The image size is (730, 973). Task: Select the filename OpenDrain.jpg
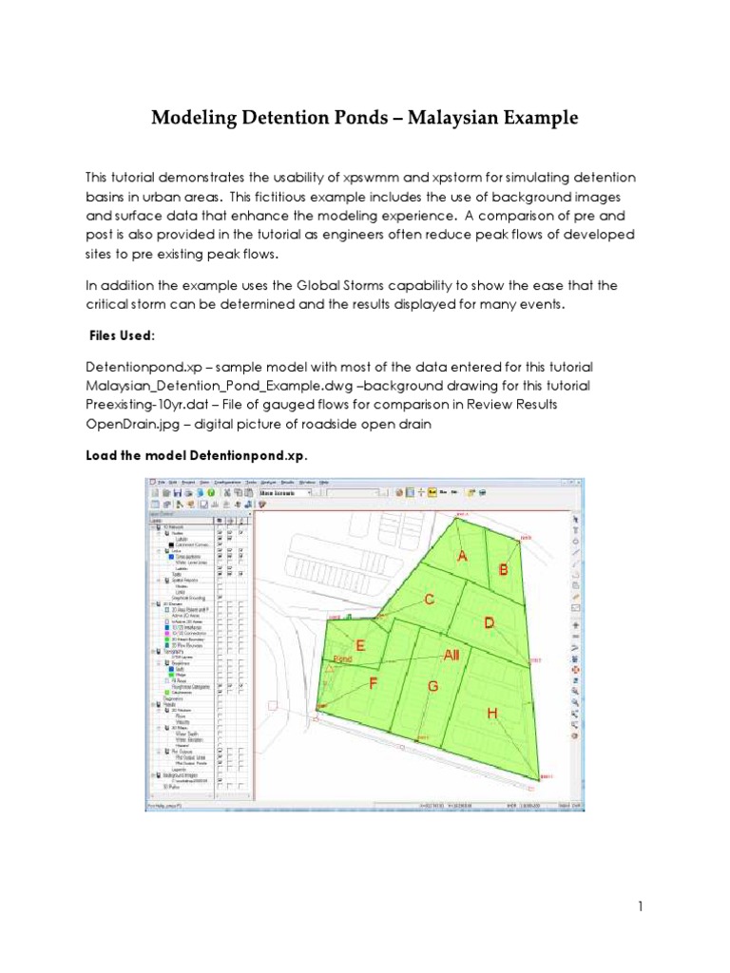pos(129,425)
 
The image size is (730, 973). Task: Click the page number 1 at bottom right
pos(641,906)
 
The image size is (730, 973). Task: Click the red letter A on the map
pos(463,557)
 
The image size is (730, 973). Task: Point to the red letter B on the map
pos(504,570)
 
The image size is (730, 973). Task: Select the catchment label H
pos(491,714)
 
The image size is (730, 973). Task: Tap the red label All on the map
pos(451,655)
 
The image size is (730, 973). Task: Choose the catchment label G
pos(433,686)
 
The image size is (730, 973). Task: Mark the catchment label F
pos(374,682)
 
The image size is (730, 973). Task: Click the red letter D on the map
pos(490,622)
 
